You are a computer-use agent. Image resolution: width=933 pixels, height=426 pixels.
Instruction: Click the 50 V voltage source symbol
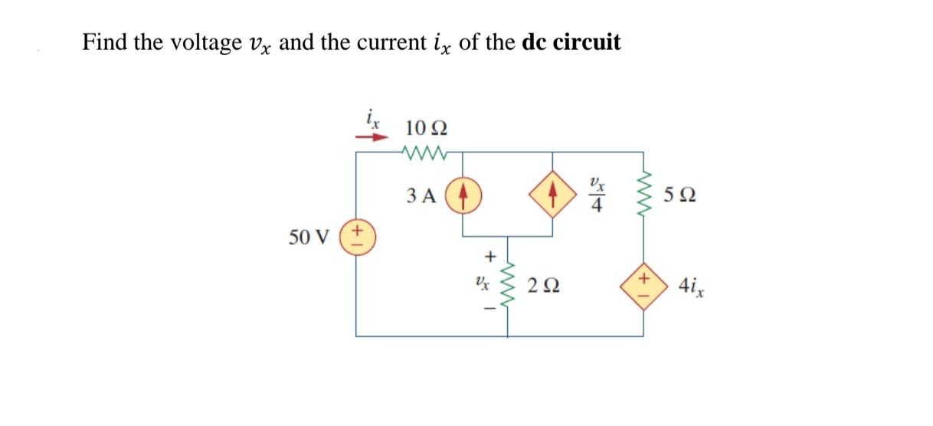point(356,235)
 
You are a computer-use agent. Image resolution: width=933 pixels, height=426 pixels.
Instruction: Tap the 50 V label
point(307,237)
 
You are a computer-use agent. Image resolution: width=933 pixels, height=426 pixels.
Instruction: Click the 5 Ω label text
point(682,195)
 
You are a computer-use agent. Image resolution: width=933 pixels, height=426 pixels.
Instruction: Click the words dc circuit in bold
point(571,42)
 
